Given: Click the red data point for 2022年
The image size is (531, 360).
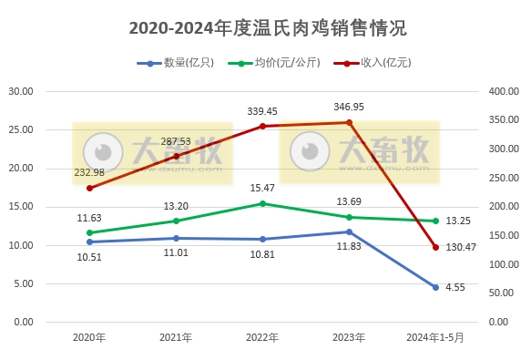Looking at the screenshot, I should [262, 126].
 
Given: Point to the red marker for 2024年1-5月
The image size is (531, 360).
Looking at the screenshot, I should [435, 247].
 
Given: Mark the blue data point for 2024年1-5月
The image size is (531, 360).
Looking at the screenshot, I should [435, 287].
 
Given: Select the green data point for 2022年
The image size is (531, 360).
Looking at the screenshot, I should [262, 203].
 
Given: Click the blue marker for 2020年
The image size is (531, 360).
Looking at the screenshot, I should [89, 242].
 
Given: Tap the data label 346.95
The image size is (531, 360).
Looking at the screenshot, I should [351, 107].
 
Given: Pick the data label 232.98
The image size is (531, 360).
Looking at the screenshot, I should [89, 172].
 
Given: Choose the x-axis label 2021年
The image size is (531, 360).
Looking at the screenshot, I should [176, 337].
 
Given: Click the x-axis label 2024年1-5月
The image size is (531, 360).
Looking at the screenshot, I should [435, 337].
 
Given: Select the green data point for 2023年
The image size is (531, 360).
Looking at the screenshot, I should [349, 217].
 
